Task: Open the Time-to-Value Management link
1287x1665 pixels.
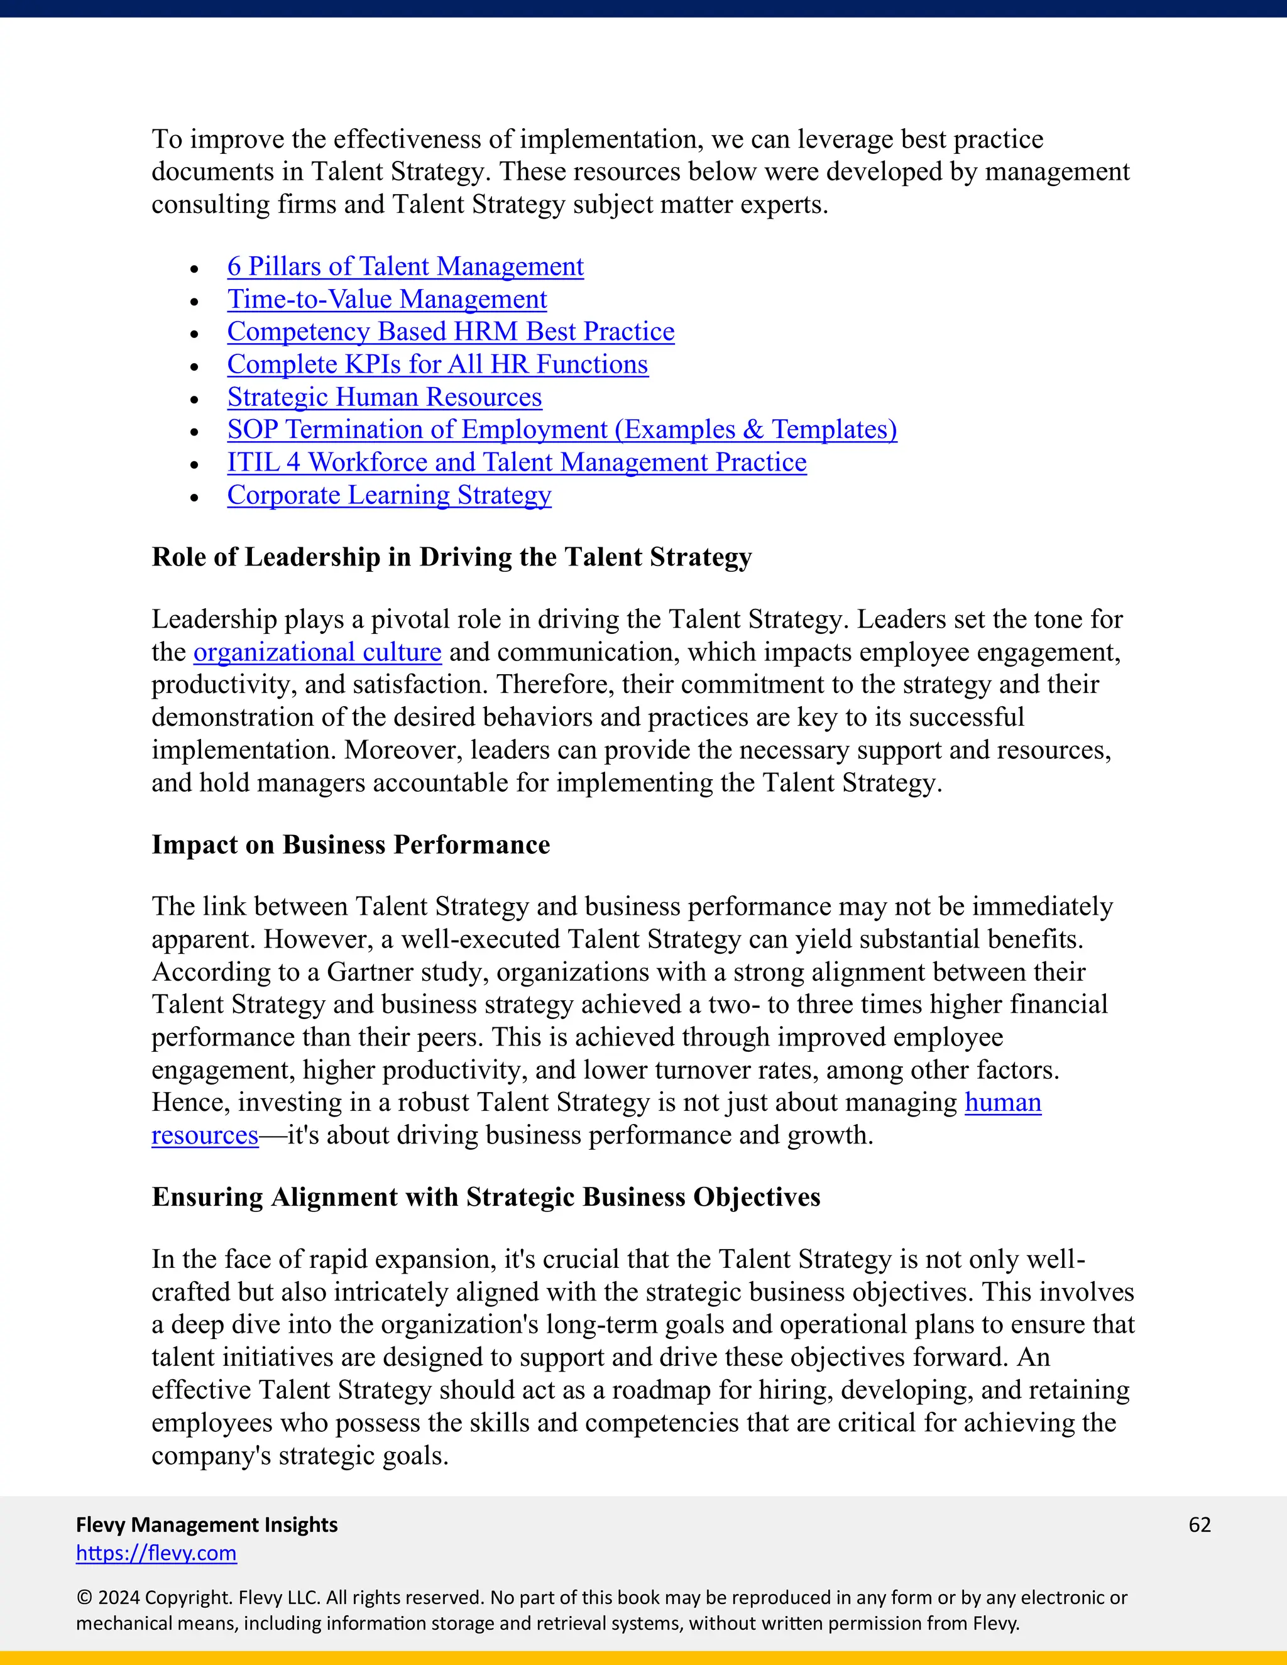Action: pyautogui.click(x=386, y=299)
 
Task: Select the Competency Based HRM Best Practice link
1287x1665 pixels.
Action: pyautogui.click(x=451, y=332)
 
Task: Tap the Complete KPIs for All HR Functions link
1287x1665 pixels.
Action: pyautogui.click(x=437, y=364)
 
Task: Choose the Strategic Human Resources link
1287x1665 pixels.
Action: pyautogui.click(x=384, y=397)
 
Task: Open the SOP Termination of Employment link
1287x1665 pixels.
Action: pyautogui.click(x=562, y=430)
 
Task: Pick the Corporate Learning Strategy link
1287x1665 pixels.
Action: pyautogui.click(x=389, y=496)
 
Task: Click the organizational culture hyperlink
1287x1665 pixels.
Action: pyautogui.click(x=317, y=653)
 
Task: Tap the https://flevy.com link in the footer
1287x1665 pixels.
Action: pyautogui.click(x=156, y=1553)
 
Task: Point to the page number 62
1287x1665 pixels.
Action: pyautogui.click(x=1199, y=1524)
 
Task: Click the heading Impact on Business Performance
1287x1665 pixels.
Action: pyautogui.click(x=351, y=844)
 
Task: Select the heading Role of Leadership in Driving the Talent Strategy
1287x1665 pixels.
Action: pyautogui.click(x=451, y=557)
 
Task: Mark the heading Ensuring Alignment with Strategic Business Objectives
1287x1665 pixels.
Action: pyautogui.click(x=486, y=1197)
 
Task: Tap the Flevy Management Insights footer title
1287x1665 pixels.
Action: pyautogui.click(x=207, y=1524)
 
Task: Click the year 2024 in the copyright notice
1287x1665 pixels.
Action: pyautogui.click(x=118, y=1597)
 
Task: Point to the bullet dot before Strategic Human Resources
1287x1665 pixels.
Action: pyautogui.click(x=194, y=400)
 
